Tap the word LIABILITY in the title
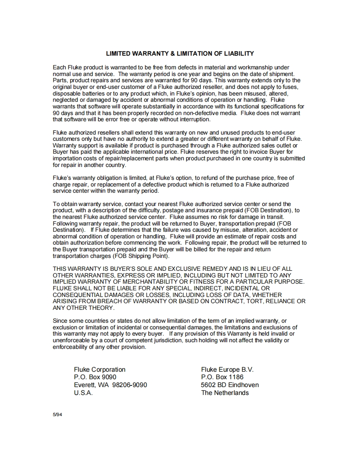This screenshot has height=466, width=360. [x=239, y=54]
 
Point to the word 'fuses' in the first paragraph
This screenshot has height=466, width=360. [x=290, y=87]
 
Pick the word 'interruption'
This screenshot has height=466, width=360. [x=193, y=120]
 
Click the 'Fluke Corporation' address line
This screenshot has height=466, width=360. [x=100, y=370]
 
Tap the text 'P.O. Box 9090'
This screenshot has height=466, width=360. [x=95, y=378]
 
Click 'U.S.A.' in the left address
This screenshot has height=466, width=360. [x=83, y=393]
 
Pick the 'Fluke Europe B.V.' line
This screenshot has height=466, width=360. [x=227, y=370]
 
